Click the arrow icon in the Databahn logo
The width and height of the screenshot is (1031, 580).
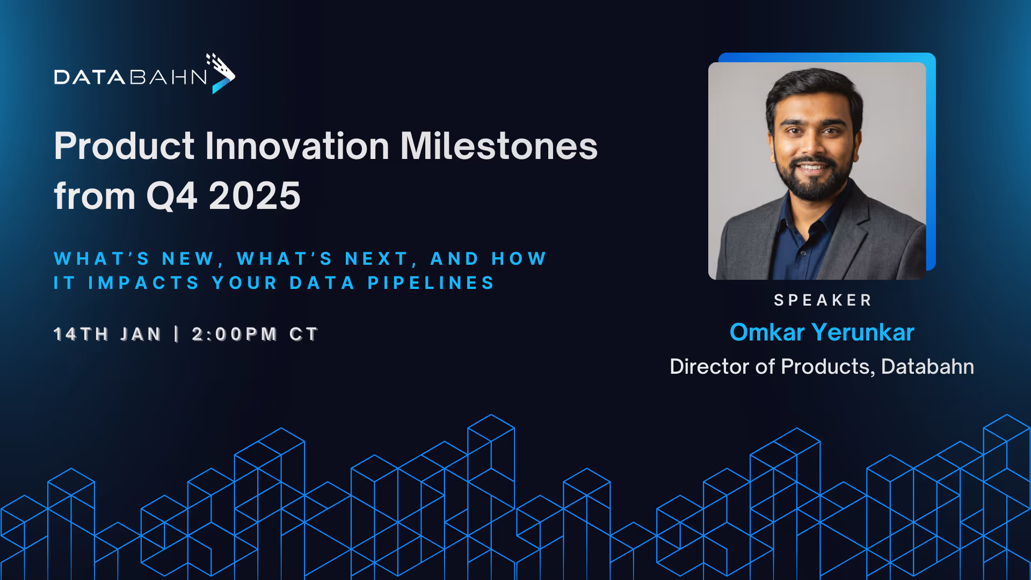click(222, 75)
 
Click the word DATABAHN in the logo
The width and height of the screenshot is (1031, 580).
click(130, 77)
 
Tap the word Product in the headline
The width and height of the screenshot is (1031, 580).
click(124, 146)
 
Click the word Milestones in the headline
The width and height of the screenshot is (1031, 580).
click(499, 146)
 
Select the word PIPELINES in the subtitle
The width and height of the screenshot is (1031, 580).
click(431, 283)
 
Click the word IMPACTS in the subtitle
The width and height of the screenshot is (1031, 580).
click(144, 283)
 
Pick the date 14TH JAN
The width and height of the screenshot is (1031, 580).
click(107, 334)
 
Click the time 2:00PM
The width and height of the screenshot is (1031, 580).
click(234, 334)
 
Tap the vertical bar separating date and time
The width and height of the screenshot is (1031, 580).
click(177, 334)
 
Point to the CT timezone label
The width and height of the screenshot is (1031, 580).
click(304, 334)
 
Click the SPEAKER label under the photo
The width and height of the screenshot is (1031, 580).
click(822, 300)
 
